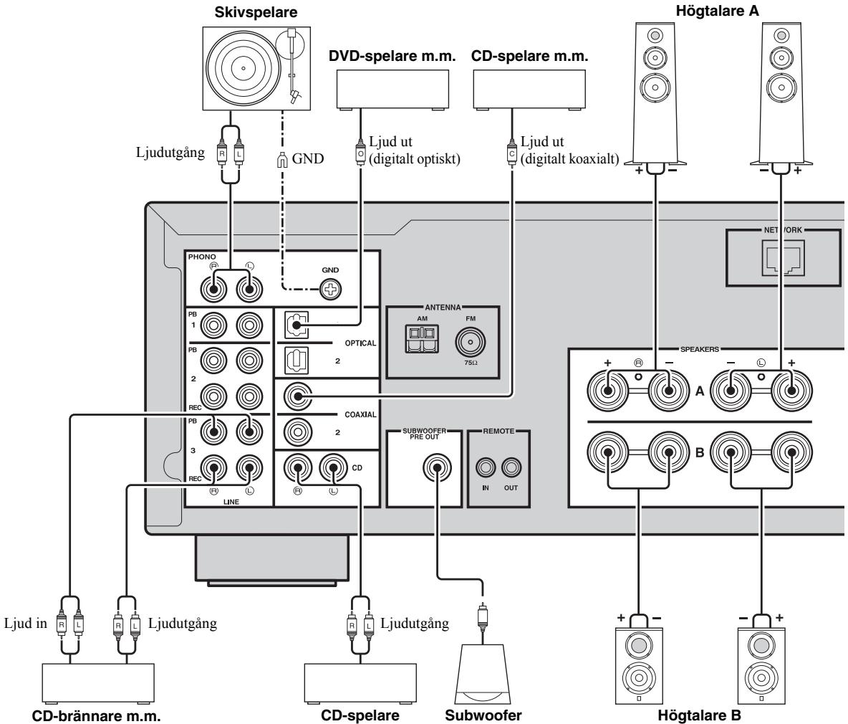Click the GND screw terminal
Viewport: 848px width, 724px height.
tap(330, 290)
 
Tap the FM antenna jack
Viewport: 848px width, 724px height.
tap(470, 342)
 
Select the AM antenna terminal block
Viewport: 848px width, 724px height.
tap(423, 339)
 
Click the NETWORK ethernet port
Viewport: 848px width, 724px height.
tap(783, 257)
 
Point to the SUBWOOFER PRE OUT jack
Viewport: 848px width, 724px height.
tap(437, 467)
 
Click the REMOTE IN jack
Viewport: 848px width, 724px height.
tap(485, 467)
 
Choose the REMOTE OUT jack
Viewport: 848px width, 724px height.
tap(511, 467)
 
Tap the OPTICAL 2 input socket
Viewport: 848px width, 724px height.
tap(297, 361)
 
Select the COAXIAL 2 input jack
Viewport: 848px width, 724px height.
tap(297, 432)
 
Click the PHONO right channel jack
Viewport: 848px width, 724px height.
tap(213, 290)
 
